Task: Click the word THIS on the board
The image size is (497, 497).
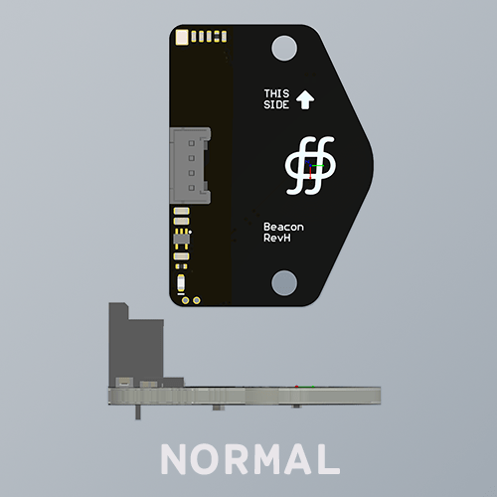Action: click(276, 94)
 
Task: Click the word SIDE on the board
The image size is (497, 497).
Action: click(276, 105)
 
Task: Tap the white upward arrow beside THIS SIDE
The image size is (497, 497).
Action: click(306, 99)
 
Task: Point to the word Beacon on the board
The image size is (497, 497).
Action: click(283, 228)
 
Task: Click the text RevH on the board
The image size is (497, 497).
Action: click(277, 240)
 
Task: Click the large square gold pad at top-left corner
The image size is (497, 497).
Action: click(181, 38)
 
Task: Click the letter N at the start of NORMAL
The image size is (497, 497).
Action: click(175, 458)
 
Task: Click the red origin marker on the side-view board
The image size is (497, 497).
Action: click(311, 389)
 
